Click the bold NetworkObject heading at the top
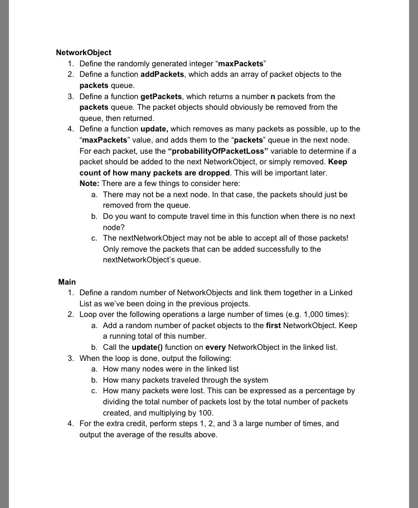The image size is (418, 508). tap(84, 53)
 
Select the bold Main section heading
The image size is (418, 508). tap(67, 282)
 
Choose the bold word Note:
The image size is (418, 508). tap(90, 184)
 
